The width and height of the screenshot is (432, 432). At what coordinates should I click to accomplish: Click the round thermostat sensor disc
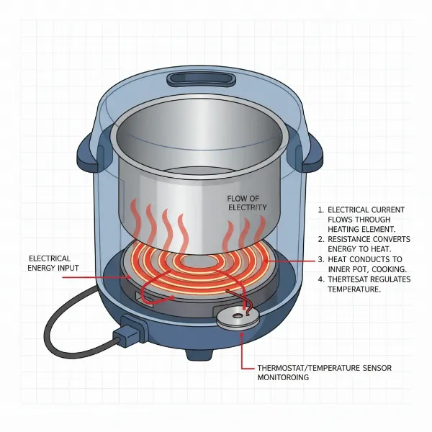click(x=238, y=318)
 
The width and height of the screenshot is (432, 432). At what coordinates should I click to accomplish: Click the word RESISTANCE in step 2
click(x=354, y=238)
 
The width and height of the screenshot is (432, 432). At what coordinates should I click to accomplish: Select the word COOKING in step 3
click(x=378, y=269)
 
